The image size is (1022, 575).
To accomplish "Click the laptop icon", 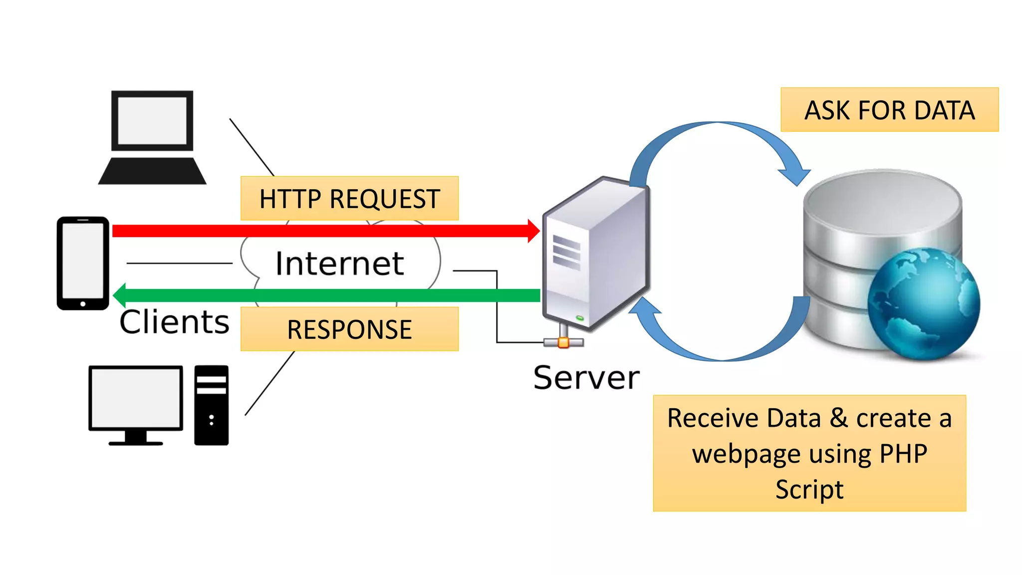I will click(152, 137).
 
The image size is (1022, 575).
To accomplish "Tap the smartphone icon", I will click(83, 263).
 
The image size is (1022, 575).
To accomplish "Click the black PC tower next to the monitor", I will click(211, 405).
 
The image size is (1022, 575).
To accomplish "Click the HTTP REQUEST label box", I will click(349, 198).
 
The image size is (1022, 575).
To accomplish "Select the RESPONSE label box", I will click(349, 329).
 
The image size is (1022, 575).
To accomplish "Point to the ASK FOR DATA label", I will click(889, 110).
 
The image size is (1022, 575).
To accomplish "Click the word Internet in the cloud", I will click(339, 263).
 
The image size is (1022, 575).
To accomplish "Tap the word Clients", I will click(174, 321).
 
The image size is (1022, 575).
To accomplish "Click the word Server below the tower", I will click(586, 377).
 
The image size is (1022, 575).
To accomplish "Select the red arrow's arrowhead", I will click(533, 231).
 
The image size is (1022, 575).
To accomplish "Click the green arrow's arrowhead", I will click(120, 295).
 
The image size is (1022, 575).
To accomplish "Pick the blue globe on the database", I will click(924, 304).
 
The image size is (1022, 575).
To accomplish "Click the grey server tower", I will click(596, 255).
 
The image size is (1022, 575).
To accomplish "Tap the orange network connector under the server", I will click(563, 342).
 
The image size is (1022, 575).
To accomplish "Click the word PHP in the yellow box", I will click(903, 453).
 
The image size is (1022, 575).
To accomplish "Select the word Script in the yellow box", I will click(809, 489).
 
